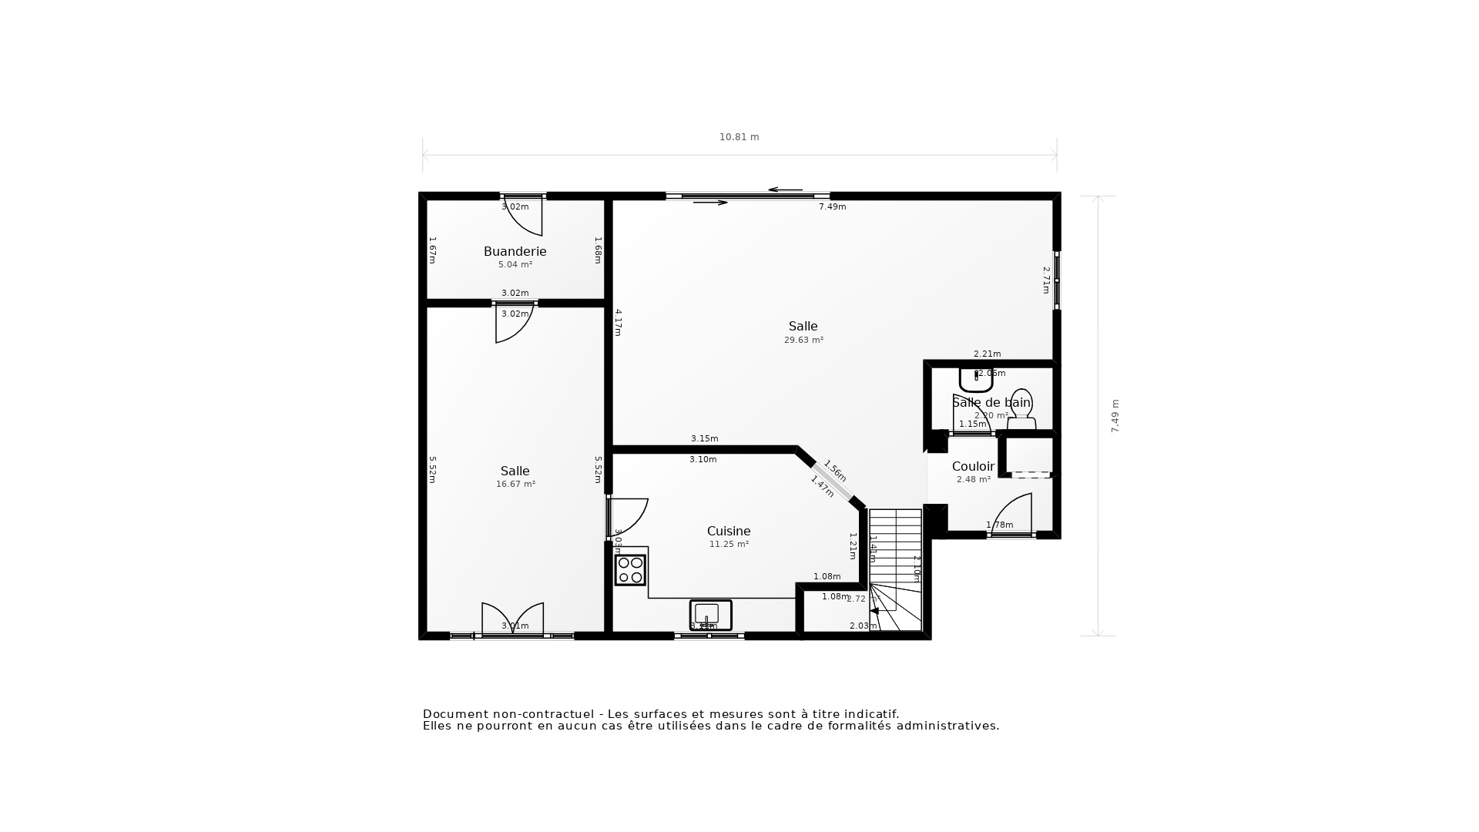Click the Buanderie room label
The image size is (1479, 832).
click(515, 251)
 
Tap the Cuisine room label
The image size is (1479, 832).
click(728, 531)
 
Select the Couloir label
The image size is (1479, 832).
click(973, 466)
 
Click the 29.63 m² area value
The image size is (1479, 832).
click(803, 340)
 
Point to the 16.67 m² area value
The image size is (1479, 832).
click(515, 484)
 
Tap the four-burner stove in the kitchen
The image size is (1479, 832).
click(630, 570)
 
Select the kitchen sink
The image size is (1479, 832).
click(709, 614)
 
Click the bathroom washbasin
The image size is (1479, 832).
click(975, 379)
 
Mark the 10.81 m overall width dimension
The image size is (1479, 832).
click(739, 137)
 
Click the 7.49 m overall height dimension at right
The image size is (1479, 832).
click(1115, 416)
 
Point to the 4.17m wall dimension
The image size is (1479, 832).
click(618, 322)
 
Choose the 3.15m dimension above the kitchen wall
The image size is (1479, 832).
click(704, 438)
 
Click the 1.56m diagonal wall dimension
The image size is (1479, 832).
click(835, 471)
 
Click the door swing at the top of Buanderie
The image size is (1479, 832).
click(525, 216)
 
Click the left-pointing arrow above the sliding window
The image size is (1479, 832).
click(785, 190)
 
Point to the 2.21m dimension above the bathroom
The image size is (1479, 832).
click(987, 354)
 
